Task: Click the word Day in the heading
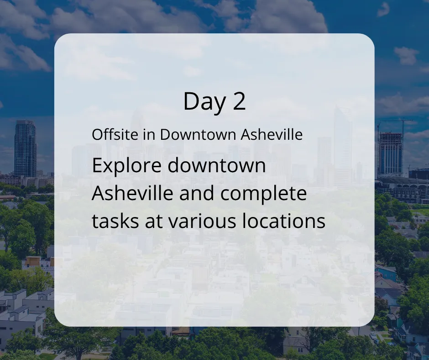[204, 102]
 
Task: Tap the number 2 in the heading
[240, 101]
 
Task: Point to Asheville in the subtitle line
[272, 134]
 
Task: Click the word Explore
[127, 166]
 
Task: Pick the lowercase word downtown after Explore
[217, 165]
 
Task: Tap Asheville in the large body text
[132, 193]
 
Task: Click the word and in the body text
[196, 193]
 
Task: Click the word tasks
[115, 222]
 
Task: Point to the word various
[202, 222]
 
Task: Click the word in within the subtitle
[149, 134]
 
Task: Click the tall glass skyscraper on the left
[25, 148]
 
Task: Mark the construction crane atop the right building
[394, 126]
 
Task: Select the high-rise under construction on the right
[391, 154]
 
